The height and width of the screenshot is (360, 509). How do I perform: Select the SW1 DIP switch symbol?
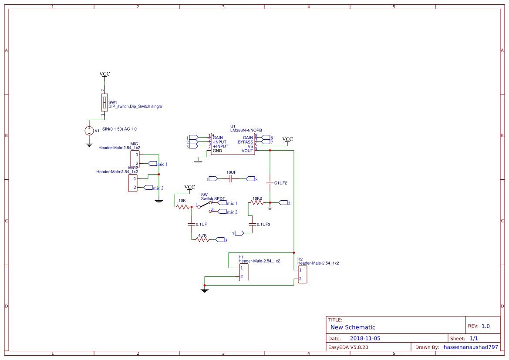(x=104, y=103)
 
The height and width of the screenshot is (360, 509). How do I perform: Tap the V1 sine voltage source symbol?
(x=89, y=130)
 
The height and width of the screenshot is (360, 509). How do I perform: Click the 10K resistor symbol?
(x=183, y=207)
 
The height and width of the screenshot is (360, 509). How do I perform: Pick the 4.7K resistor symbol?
(x=203, y=240)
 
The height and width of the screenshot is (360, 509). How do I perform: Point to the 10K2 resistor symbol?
(x=257, y=203)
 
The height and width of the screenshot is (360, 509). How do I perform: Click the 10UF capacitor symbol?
(x=231, y=178)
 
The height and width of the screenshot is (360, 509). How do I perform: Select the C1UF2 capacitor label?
(x=280, y=183)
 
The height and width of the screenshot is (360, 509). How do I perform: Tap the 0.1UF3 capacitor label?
(x=263, y=224)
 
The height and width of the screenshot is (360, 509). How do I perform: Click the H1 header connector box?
(x=244, y=273)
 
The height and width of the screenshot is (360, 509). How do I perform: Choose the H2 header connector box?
(x=303, y=275)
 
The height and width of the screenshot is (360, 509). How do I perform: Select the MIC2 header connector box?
(x=133, y=183)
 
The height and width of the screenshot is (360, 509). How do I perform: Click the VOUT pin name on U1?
(x=247, y=151)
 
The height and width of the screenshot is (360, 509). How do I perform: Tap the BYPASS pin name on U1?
(x=246, y=142)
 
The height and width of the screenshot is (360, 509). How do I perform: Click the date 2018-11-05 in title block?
(x=365, y=338)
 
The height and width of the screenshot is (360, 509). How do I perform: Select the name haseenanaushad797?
(x=471, y=347)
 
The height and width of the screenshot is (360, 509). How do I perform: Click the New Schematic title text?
(x=353, y=327)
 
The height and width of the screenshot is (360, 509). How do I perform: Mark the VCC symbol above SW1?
(x=104, y=74)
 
